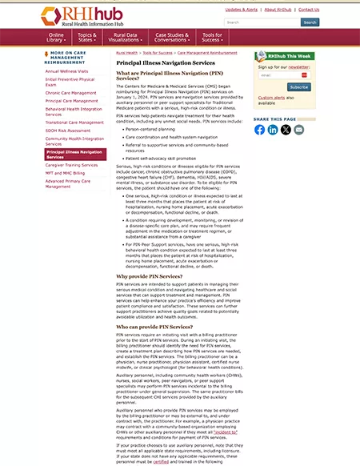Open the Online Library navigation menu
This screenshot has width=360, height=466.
click(x=57, y=38)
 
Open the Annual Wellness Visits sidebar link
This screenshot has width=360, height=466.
click(x=67, y=71)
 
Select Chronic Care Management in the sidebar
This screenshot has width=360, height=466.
click(x=70, y=93)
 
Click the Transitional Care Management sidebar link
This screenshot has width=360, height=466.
click(x=74, y=123)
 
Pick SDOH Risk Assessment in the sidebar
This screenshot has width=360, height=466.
click(x=67, y=130)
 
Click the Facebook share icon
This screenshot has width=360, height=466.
click(x=260, y=130)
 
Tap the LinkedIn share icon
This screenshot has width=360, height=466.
click(x=273, y=130)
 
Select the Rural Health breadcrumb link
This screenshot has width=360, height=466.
click(x=126, y=52)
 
